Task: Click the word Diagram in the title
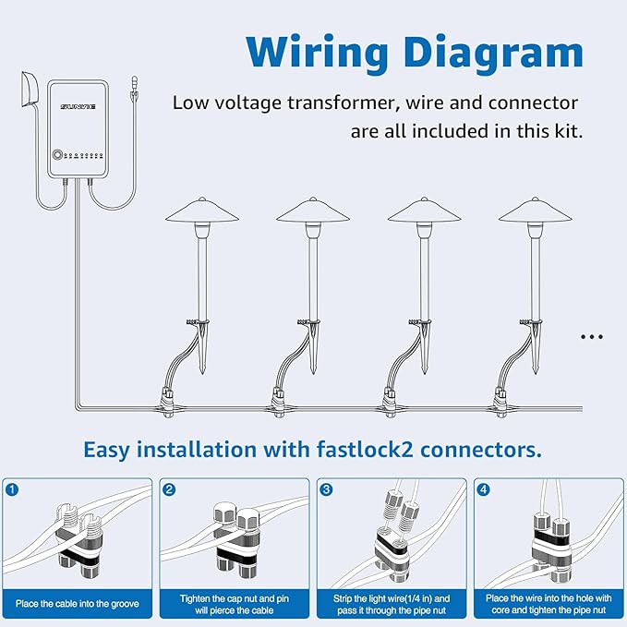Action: click(x=493, y=53)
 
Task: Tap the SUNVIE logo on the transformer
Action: click(x=78, y=107)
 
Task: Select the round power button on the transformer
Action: click(x=57, y=155)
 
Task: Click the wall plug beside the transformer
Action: click(x=30, y=89)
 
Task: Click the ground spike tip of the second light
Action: click(x=313, y=373)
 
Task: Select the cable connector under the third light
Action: click(x=390, y=403)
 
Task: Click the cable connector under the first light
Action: click(x=167, y=403)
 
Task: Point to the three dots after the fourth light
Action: click(x=592, y=337)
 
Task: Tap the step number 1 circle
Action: click(x=12, y=489)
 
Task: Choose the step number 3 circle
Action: click(x=327, y=489)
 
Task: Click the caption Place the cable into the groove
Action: click(x=78, y=604)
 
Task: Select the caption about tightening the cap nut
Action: click(x=235, y=604)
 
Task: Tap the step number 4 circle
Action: click(x=484, y=489)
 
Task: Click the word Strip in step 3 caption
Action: click(x=343, y=599)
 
